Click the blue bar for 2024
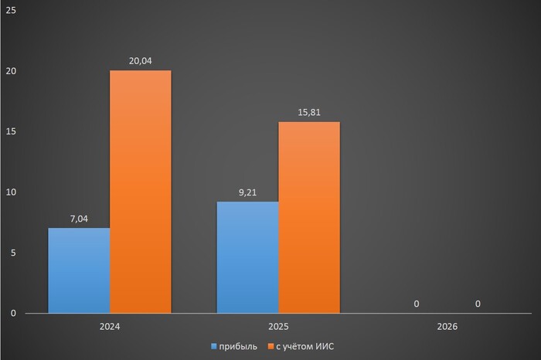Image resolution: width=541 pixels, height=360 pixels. click(x=79, y=270)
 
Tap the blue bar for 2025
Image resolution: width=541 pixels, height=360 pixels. click(x=247, y=257)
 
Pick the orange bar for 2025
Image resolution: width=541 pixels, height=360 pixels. click(x=308, y=217)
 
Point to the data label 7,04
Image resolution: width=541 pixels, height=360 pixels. click(x=79, y=219)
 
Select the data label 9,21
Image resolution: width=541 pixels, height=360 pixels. click(x=247, y=192)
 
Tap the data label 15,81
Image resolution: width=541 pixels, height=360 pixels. click(x=308, y=112)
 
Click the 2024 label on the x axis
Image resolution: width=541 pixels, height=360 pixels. click(x=110, y=327)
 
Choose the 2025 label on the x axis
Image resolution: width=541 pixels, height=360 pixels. click(x=278, y=327)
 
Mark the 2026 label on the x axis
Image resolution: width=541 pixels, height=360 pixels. click(x=447, y=327)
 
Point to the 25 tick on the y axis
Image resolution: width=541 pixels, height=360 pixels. click(x=11, y=11)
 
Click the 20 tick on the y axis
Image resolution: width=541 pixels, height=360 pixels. click(x=11, y=71)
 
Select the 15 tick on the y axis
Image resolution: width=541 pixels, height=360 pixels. click(x=11, y=132)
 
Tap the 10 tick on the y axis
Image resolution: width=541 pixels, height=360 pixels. click(x=11, y=192)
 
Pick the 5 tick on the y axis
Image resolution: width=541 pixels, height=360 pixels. click(x=13, y=253)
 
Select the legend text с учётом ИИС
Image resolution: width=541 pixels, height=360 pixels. click(x=305, y=346)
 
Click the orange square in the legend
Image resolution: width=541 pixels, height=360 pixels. click(x=270, y=346)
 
